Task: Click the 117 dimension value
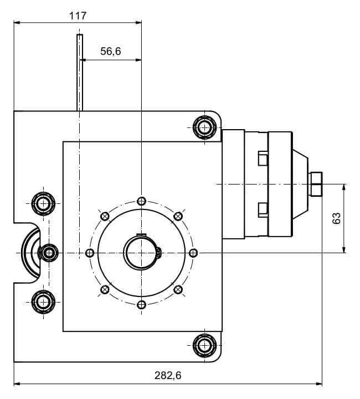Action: [78, 16]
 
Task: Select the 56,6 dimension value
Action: [110, 52]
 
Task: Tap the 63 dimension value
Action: [336, 218]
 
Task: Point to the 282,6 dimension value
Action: [167, 375]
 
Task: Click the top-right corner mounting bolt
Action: [204, 127]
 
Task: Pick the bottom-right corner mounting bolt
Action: [204, 345]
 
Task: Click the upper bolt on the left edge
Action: [43, 203]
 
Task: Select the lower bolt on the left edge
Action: [43, 302]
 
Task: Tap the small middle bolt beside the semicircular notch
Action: [49, 253]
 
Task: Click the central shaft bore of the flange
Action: [141, 253]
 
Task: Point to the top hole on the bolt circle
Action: [141, 201]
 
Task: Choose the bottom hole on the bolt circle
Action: [141, 305]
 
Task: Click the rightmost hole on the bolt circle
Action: [193, 253]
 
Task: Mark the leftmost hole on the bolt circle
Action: [90, 253]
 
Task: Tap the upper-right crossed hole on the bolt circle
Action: [178, 216]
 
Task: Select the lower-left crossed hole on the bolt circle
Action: [105, 289]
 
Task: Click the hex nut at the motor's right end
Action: [316, 183]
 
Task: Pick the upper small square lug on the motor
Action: [263, 159]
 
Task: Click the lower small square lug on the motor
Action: [263, 209]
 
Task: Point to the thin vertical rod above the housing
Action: [80, 72]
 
